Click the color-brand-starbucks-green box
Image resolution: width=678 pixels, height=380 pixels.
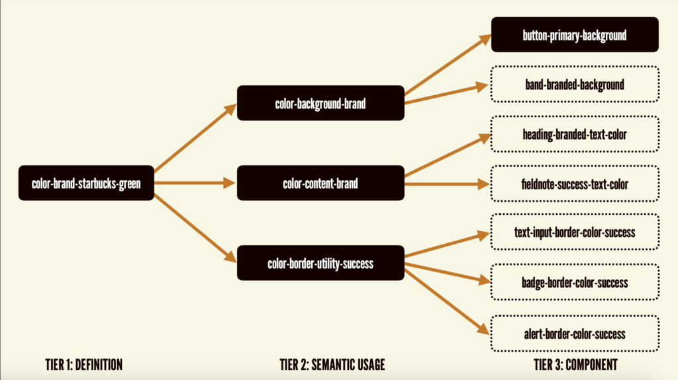coord(86,183)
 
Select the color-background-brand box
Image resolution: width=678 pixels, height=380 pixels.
coord(320,103)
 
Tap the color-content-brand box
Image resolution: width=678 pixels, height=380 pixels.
coord(320,183)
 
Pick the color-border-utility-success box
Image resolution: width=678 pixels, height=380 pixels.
coord(320,263)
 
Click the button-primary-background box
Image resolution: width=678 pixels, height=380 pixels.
coord(574,34)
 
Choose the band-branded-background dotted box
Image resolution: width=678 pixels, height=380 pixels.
coord(574,84)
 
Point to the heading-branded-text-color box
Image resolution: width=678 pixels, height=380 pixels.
coord(574,134)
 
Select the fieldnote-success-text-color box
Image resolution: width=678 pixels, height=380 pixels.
coord(574,184)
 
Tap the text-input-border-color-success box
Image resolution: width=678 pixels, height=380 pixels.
coord(574,232)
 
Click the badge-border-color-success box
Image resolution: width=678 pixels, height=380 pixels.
coord(574,282)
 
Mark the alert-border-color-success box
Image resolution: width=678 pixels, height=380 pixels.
coord(574,333)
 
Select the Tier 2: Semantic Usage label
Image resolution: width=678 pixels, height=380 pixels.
coord(332,364)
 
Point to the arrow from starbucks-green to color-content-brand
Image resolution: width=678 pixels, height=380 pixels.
coord(195,183)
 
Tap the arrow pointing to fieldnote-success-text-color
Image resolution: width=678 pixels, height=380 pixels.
coord(447,183)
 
